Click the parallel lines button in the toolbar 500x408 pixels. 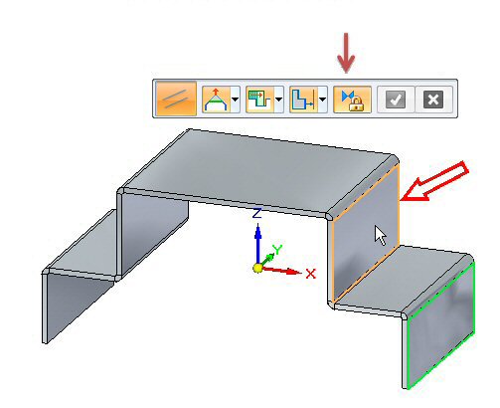click(x=176, y=99)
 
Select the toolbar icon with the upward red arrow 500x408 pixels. click(x=217, y=99)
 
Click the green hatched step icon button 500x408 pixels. click(x=259, y=99)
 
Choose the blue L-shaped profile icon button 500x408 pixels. click(x=303, y=99)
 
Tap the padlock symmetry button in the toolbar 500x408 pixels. click(x=352, y=100)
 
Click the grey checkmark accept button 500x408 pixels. click(x=396, y=100)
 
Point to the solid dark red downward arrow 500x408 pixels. click(x=346, y=53)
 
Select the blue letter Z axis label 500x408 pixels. click(x=257, y=213)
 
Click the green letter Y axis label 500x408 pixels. click(x=277, y=250)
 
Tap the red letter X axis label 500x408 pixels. click(x=311, y=274)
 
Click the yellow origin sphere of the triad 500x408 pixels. click(x=257, y=268)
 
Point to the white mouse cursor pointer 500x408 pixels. click(x=380, y=235)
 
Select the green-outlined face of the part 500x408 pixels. click(x=441, y=325)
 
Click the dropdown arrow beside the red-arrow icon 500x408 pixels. click(x=236, y=100)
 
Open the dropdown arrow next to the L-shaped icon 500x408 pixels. click(x=323, y=100)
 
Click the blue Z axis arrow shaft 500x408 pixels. click(x=257, y=247)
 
